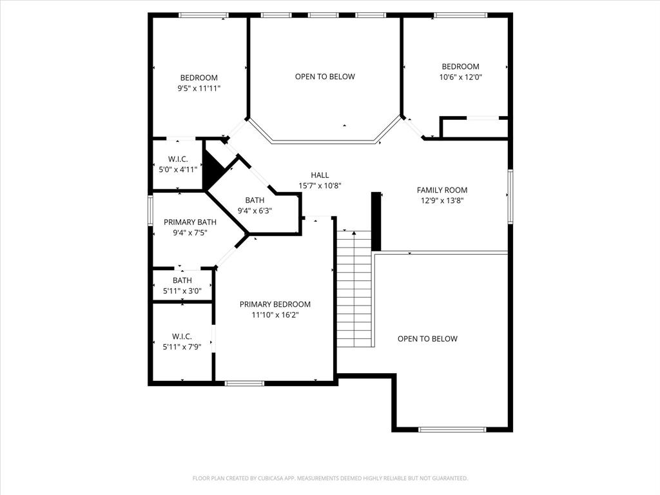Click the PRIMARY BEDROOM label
tap(275, 304)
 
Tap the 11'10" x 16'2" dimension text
tap(275, 315)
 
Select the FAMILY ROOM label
tap(442, 190)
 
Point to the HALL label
tap(320, 175)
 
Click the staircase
tap(354, 290)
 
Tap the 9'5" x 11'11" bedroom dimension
tap(199, 88)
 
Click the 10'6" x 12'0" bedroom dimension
tap(460, 77)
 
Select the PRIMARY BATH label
tap(189, 222)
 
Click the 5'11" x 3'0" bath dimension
tap(182, 291)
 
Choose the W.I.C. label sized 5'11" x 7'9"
tap(182, 336)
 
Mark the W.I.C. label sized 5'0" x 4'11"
tap(178, 159)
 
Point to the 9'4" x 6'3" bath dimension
tap(255, 210)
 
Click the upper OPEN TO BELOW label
tap(325, 77)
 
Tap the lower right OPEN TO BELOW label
tap(427, 338)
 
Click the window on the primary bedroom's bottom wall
tap(244, 383)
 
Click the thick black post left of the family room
tap(376, 221)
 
